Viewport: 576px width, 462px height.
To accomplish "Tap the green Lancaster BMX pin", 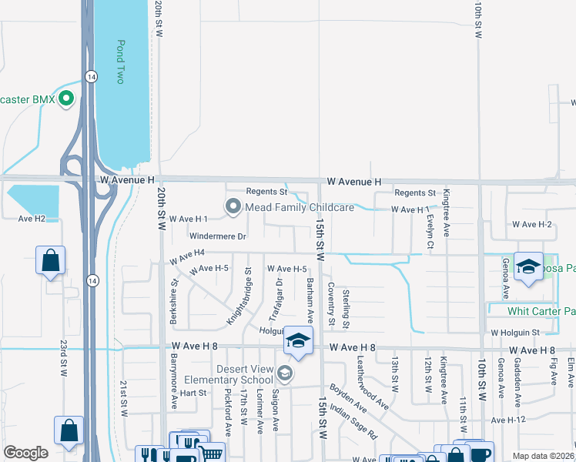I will (66, 99).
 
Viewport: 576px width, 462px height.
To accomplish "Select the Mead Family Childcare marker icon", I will (233, 207).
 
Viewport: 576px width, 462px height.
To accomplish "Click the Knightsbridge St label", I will (239, 296).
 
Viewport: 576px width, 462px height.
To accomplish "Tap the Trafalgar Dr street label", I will (276, 300).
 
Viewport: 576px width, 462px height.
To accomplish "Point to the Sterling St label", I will (347, 306).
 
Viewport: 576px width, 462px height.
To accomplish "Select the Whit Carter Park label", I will (541, 312).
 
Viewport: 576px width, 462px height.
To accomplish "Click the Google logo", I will (25, 452).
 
